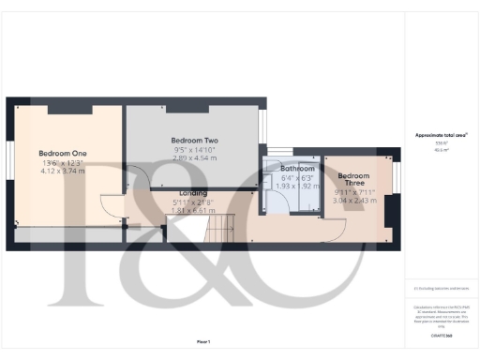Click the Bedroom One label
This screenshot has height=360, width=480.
coord(62,152)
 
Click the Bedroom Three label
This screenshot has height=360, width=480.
coord(353,181)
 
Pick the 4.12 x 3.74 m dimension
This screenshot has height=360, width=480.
coord(62,172)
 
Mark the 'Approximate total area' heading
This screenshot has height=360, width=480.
coord(441,135)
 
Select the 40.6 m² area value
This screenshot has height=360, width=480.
coord(441,148)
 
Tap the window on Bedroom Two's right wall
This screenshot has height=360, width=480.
coord(263,125)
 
